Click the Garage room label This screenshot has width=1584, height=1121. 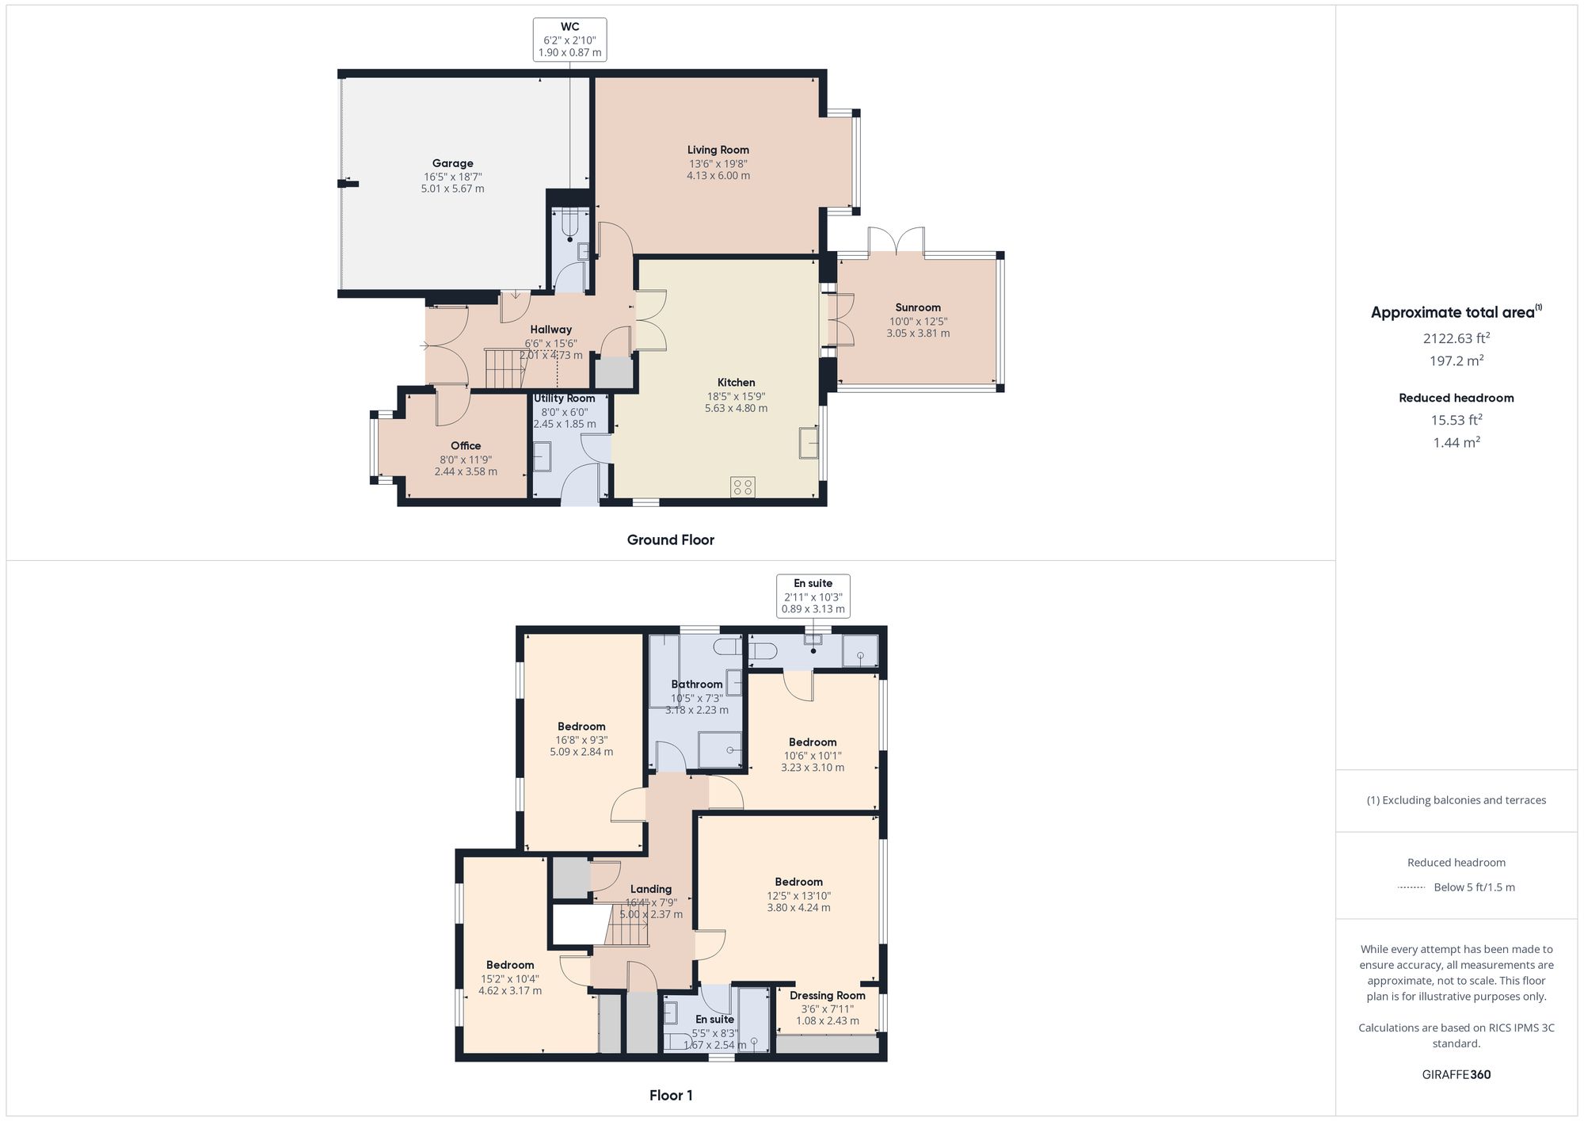[452, 164]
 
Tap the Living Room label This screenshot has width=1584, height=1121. [718, 150]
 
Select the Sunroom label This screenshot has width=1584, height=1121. [918, 307]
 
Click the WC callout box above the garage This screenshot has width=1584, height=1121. [569, 40]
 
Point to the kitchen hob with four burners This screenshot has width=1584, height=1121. [743, 486]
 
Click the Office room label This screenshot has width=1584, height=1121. [466, 446]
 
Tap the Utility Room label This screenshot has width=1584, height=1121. [564, 398]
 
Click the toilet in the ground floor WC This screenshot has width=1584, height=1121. [571, 225]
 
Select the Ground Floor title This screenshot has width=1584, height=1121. [670, 540]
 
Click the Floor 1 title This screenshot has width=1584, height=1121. [671, 1096]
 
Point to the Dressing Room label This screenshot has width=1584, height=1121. [827, 996]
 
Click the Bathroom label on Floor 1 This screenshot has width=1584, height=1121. [697, 684]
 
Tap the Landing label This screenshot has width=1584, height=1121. [650, 889]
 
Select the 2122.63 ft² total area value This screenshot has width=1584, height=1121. [1456, 338]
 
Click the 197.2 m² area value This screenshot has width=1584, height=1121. [1456, 360]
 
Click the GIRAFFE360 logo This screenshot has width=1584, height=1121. [1456, 1075]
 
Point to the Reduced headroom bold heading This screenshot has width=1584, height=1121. [1456, 398]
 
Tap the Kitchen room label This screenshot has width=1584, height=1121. [736, 383]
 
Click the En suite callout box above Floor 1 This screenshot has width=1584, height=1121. [813, 597]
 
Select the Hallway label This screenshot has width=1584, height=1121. [550, 330]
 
